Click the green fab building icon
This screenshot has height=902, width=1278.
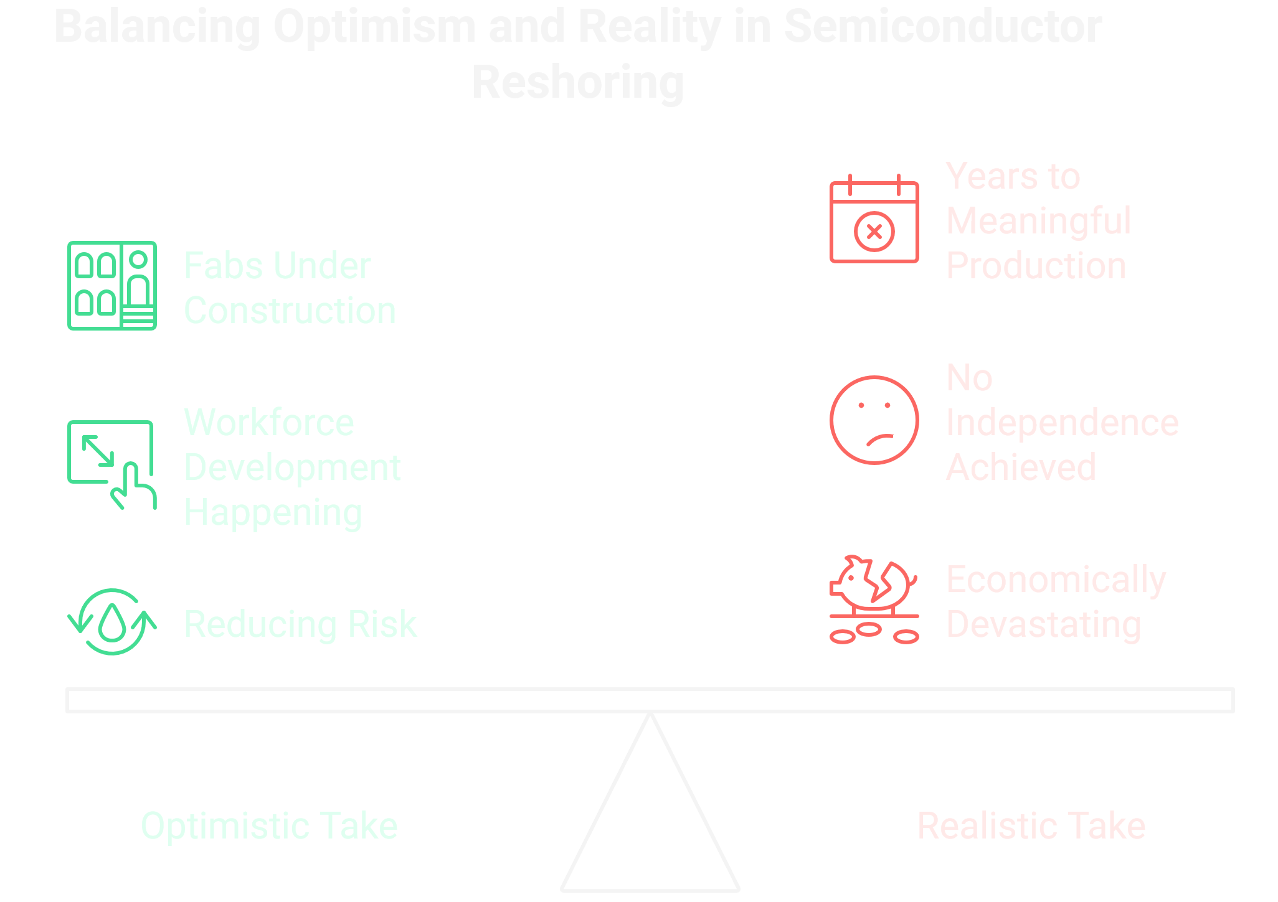[x=112, y=286]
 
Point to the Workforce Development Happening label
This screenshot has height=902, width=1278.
[x=291, y=467]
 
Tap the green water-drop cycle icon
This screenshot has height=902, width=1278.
[x=112, y=622]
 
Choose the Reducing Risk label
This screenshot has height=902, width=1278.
[x=300, y=624]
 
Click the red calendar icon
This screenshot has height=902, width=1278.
[x=874, y=219]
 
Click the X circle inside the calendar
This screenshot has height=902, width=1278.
[x=874, y=232]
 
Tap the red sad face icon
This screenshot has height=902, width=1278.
[x=874, y=420]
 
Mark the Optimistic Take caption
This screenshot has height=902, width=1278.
[x=269, y=826]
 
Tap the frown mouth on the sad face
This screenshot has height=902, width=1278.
[x=880, y=439]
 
